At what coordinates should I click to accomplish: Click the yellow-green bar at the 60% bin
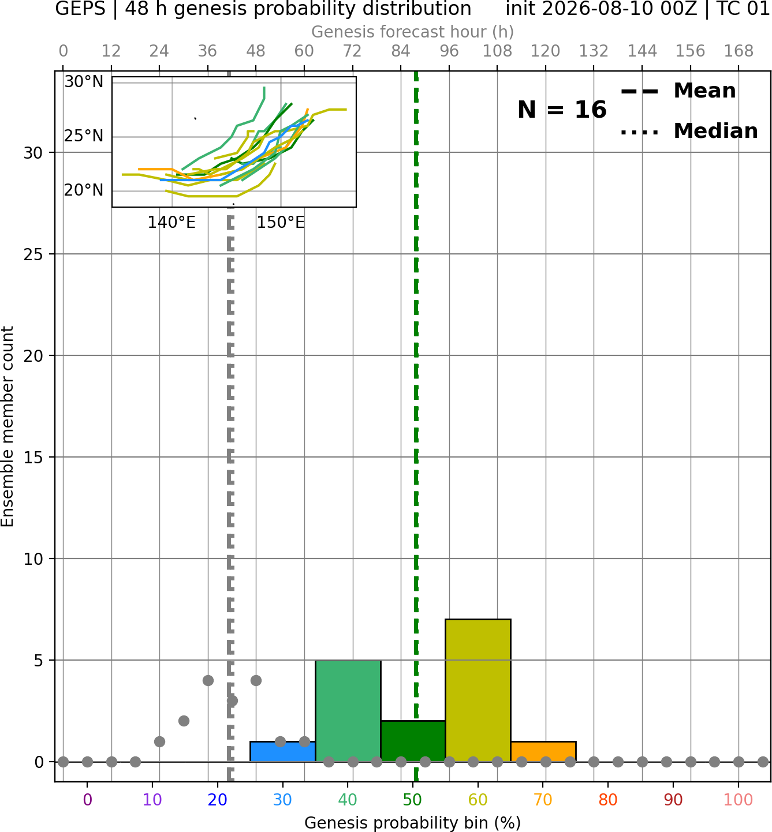tap(478, 691)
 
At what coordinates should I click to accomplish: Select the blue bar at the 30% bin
tap(282, 752)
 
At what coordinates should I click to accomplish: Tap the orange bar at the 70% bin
tap(543, 752)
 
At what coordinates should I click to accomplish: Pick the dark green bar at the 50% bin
tap(413, 741)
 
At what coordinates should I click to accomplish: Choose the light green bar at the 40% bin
tap(348, 711)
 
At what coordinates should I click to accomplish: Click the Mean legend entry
tap(678, 91)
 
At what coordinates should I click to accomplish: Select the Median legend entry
tap(689, 131)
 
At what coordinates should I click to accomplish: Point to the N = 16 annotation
tap(562, 110)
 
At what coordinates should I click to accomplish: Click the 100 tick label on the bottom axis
tap(738, 800)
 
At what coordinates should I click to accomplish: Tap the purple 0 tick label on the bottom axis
tap(87, 800)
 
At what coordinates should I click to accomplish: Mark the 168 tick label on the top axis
tap(739, 51)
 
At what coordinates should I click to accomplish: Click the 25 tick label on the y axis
tap(33, 254)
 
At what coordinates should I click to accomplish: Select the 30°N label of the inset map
tap(84, 82)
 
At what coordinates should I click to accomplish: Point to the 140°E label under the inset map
tap(171, 223)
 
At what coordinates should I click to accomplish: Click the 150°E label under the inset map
tap(281, 223)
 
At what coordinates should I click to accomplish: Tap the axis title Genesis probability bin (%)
tap(413, 823)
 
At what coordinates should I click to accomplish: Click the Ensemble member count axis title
tap(8, 426)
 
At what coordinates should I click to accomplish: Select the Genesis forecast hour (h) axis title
tap(413, 32)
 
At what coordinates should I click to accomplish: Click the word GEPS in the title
tap(80, 9)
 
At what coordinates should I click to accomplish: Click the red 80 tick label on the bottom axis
tap(608, 800)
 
